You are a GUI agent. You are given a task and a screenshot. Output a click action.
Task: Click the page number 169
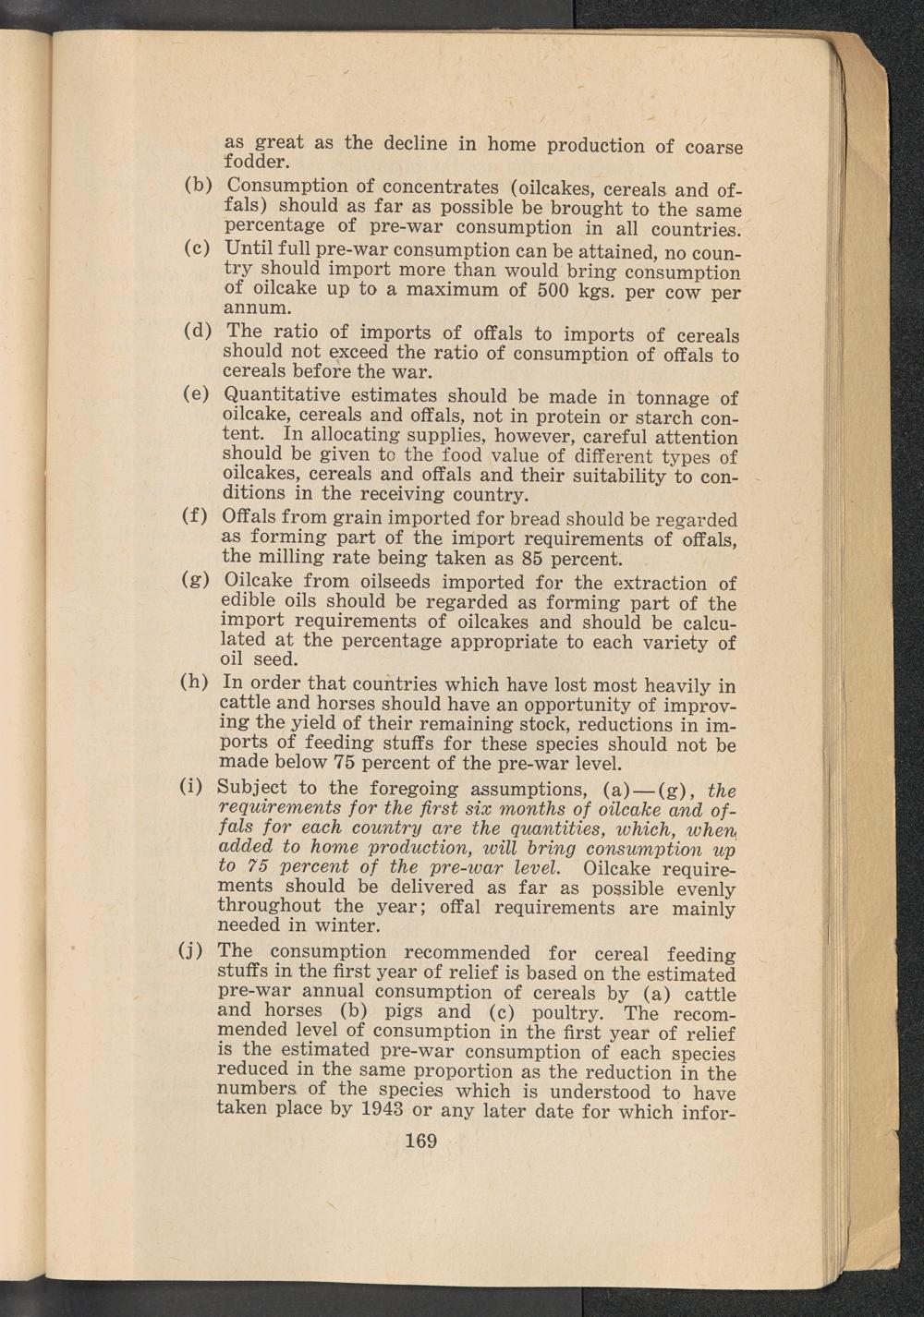[x=420, y=1141]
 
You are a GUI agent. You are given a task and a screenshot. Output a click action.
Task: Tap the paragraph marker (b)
[x=199, y=185]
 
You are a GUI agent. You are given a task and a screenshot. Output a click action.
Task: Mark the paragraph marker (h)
[x=195, y=683]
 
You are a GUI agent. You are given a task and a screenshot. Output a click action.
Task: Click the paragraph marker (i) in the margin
[x=191, y=787]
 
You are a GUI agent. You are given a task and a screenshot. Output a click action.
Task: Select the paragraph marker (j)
[x=191, y=950]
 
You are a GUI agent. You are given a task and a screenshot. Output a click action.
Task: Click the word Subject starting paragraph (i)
[x=252, y=788]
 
